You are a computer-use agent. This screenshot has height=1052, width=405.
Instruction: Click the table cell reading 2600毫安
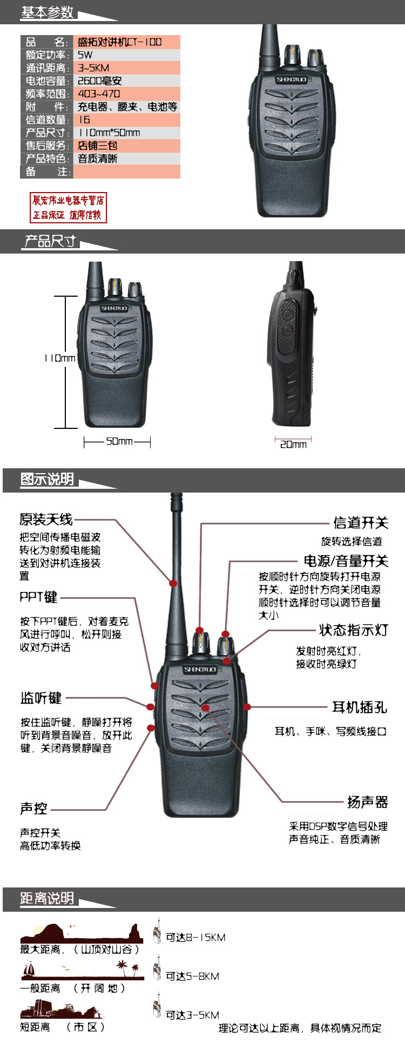(x=100, y=81)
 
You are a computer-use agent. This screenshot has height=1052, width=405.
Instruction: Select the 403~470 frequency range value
(x=99, y=94)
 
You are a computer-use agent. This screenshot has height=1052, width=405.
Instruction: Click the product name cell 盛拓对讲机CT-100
(x=119, y=42)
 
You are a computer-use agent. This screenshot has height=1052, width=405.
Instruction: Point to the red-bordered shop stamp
(x=68, y=208)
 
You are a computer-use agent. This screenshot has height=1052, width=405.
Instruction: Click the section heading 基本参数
(x=48, y=12)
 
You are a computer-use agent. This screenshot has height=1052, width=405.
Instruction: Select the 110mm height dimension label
(x=60, y=358)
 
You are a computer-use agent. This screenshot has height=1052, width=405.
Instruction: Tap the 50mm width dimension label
(x=119, y=441)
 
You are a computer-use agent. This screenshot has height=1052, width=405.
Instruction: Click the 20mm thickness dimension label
(x=293, y=444)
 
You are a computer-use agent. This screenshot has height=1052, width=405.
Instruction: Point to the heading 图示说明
(x=47, y=479)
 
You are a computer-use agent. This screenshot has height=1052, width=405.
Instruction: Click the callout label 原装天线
(x=46, y=520)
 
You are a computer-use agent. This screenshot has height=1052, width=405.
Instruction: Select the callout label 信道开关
(x=361, y=523)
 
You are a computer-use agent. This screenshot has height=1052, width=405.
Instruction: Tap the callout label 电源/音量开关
(x=346, y=561)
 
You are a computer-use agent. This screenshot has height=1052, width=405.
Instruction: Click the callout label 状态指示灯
(x=354, y=630)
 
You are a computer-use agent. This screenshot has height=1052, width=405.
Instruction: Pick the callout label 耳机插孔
(x=360, y=707)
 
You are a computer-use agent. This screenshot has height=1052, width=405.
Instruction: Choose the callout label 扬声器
(x=368, y=802)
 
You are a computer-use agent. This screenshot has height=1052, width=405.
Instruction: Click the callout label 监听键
(x=41, y=698)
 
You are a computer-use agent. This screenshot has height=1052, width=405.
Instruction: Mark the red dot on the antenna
(x=173, y=583)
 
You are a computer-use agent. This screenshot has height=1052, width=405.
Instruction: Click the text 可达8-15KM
(x=195, y=938)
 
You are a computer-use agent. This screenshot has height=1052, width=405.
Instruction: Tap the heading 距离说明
(x=47, y=898)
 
